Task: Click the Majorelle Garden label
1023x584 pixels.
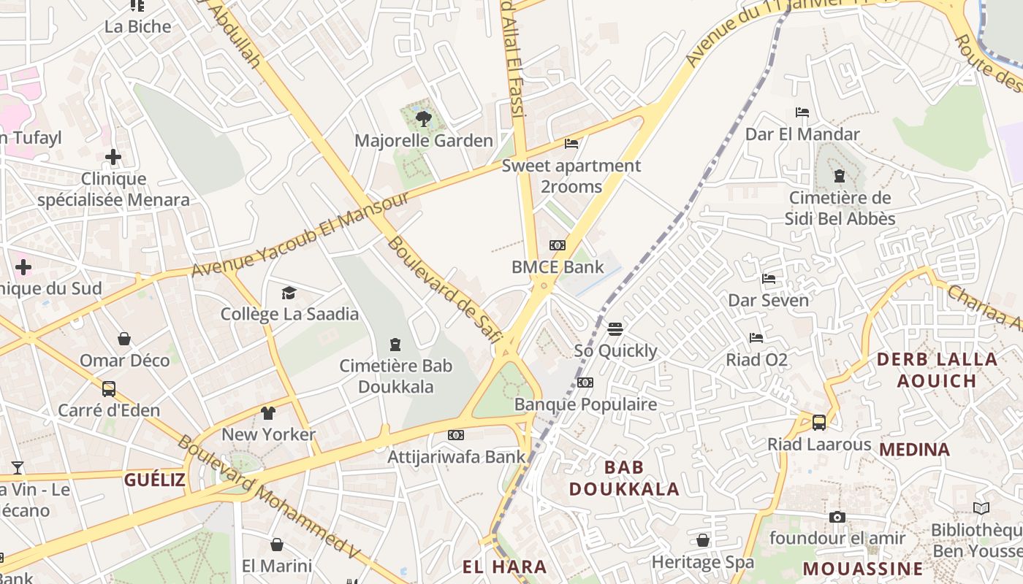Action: [x=424, y=140]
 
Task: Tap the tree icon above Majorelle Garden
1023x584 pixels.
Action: [x=423, y=118]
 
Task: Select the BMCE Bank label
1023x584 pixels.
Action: [x=558, y=267]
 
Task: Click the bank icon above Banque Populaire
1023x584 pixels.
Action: [x=585, y=383]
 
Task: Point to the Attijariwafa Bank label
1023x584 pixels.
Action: [x=456, y=457]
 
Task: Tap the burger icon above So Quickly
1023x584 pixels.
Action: [x=615, y=329]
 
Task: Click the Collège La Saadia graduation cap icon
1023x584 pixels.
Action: [x=289, y=293]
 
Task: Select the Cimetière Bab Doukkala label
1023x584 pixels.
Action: [x=395, y=376]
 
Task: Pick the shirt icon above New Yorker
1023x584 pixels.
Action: [x=268, y=413]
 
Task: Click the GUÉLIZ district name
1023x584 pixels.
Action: [x=154, y=480]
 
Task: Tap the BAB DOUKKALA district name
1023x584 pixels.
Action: [x=624, y=477]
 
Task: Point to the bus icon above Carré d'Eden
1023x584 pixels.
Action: [x=109, y=389]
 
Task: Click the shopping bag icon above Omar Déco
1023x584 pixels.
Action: [x=124, y=339]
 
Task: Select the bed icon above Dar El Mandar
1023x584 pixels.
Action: [x=802, y=112]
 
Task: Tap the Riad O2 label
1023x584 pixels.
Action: [x=756, y=360]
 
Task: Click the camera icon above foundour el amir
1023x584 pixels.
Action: [x=837, y=518]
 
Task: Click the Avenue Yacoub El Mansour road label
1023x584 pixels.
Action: [x=300, y=236]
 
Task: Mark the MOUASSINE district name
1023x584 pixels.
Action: [x=863, y=569]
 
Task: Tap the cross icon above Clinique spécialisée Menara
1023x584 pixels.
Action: [x=113, y=157]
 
